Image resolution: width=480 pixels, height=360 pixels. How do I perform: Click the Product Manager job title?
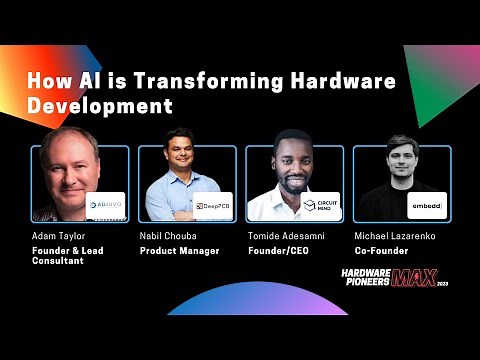[179, 250]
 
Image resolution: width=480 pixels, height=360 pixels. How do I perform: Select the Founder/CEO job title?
[279, 250]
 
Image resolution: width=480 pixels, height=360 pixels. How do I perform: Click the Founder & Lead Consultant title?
[72, 257]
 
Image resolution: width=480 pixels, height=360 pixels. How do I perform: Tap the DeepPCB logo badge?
[213, 206]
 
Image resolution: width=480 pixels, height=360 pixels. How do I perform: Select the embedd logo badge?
[427, 206]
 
